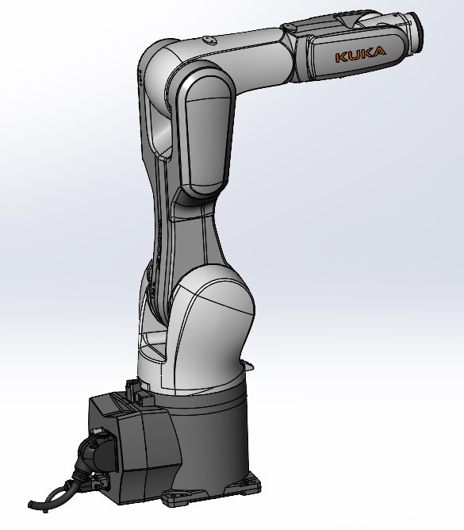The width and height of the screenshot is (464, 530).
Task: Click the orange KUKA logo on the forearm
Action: (360, 55)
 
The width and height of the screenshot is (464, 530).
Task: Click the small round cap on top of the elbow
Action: (207, 36)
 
